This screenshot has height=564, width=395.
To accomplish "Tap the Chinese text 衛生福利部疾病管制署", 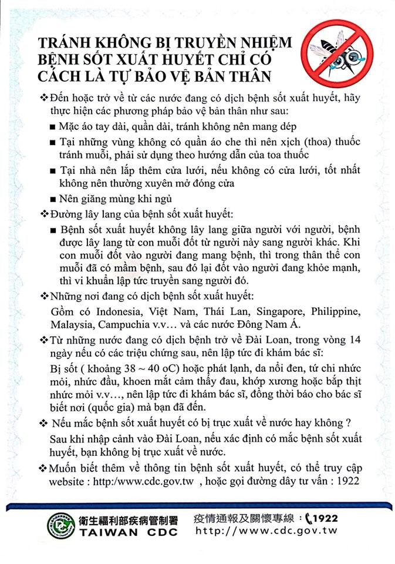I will pos(130,518).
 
